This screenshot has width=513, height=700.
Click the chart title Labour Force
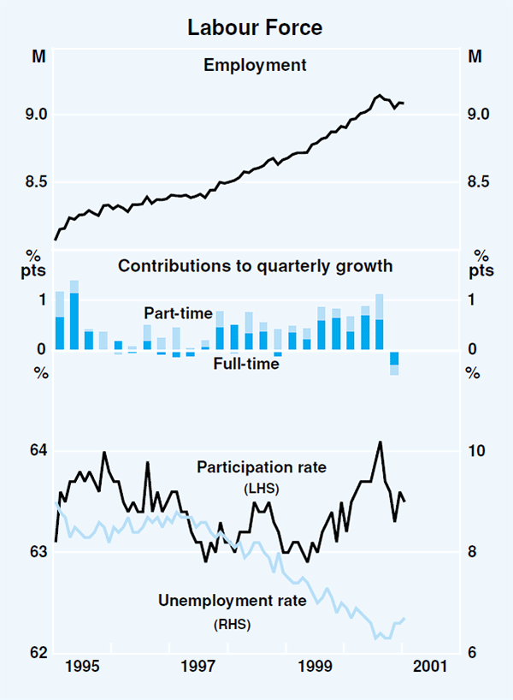(x=256, y=28)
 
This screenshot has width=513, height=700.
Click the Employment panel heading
(x=256, y=64)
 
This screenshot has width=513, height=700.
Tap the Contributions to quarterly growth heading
(x=256, y=266)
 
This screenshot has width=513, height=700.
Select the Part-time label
(x=178, y=314)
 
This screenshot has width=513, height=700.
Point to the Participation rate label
(x=262, y=468)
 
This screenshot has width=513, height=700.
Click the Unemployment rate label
(x=232, y=601)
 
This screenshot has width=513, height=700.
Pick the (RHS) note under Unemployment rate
(x=232, y=625)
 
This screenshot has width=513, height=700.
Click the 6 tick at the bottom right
(x=473, y=653)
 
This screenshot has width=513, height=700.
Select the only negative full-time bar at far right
(x=394, y=359)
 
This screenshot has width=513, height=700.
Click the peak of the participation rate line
(x=380, y=442)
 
